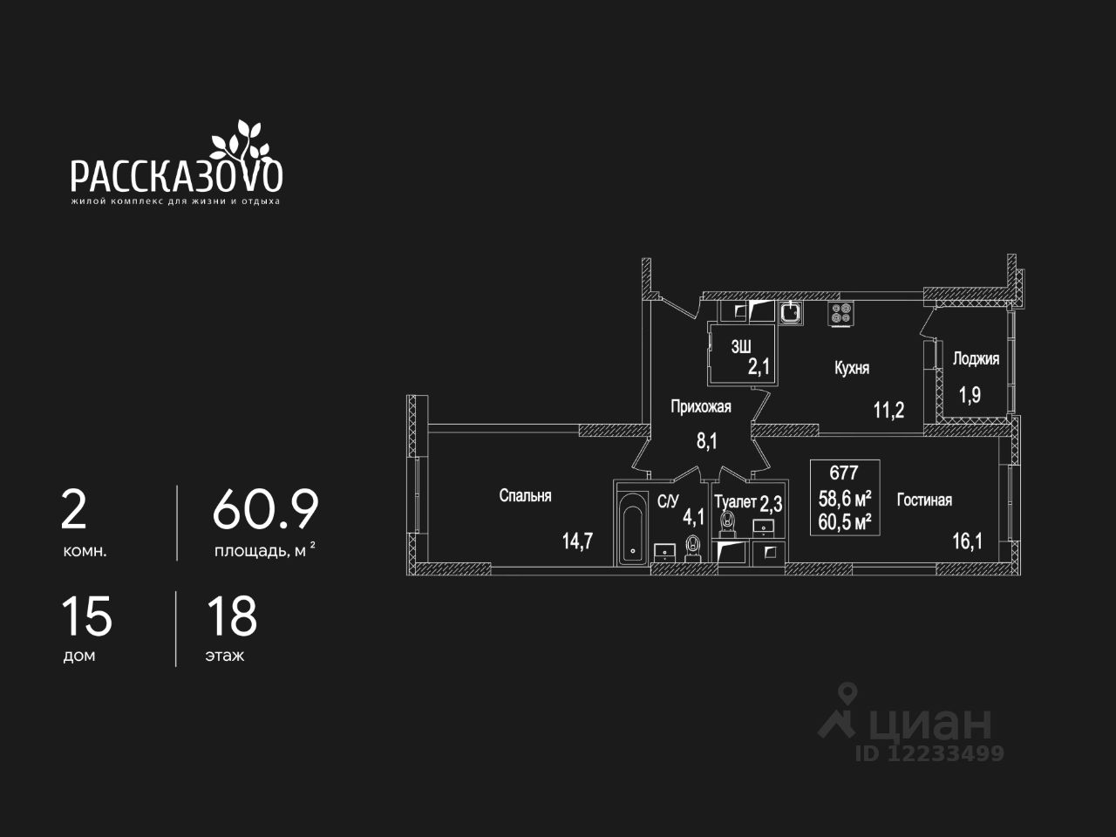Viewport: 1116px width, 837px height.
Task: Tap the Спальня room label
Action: (x=525, y=496)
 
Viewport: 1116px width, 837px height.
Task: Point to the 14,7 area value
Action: (x=577, y=541)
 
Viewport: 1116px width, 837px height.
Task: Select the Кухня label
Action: (x=852, y=369)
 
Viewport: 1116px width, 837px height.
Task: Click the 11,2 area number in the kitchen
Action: (x=889, y=410)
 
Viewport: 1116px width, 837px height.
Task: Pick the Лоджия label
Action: (x=976, y=359)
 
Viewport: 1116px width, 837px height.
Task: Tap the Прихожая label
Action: (x=700, y=406)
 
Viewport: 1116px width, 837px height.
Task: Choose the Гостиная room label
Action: (x=924, y=500)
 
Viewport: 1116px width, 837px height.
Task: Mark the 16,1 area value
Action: (x=967, y=541)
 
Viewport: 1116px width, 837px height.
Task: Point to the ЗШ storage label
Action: (x=740, y=346)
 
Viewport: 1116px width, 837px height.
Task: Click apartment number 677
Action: (x=844, y=473)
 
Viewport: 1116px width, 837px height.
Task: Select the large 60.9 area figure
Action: (x=265, y=510)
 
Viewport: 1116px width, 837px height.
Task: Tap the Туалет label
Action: (x=735, y=502)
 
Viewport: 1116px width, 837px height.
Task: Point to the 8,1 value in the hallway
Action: (x=706, y=441)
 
